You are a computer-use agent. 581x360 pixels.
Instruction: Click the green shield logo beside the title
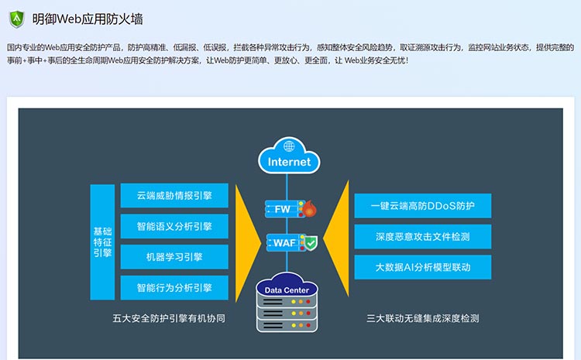click(x=17, y=19)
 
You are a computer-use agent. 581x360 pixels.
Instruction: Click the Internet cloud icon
click(x=289, y=156)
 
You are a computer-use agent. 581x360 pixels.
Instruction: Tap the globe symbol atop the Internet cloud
click(x=289, y=146)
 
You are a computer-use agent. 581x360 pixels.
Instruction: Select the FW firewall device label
click(x=282, y=209)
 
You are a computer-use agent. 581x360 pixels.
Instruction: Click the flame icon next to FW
click(x=310, y=209)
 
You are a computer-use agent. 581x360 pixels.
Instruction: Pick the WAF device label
click(x=284, y=243)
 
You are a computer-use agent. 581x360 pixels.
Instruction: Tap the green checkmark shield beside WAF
click(x=311, y=243)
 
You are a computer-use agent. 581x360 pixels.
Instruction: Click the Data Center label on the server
click(x=287, y=290)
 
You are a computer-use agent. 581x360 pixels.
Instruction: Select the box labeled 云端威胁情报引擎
click(x=174, y=196)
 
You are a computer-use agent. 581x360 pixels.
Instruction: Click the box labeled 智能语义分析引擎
click(x=174, y=226)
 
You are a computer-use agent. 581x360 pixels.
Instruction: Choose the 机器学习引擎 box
click(x=174, y=257)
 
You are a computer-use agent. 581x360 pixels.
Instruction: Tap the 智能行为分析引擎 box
click(x=174, y=288)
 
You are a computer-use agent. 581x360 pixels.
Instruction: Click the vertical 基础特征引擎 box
click(x=102, y=242)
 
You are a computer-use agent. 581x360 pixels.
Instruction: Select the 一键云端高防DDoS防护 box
click(x=423, y=206)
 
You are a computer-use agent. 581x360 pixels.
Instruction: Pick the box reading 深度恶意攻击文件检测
click(x=423, y=237)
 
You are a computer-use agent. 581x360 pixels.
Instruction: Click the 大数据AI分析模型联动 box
click(x=423, y=267)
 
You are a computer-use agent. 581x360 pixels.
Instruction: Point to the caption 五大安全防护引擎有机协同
click(x=169, y=318)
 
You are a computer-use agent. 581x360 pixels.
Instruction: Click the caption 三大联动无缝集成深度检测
click(x=423, y=318)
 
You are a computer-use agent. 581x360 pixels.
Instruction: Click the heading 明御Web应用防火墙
click(x=88, y=19)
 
